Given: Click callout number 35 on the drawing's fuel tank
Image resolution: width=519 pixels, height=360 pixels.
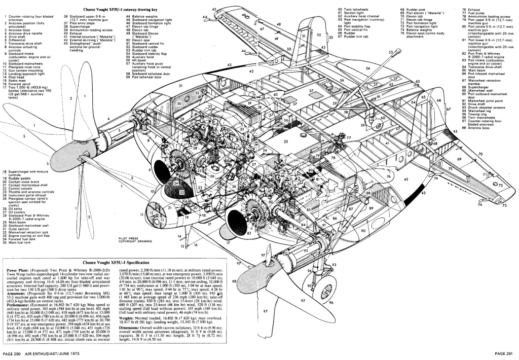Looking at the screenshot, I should [x=286, y=141].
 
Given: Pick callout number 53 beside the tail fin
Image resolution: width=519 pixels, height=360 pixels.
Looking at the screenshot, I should [x=330, y=37].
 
